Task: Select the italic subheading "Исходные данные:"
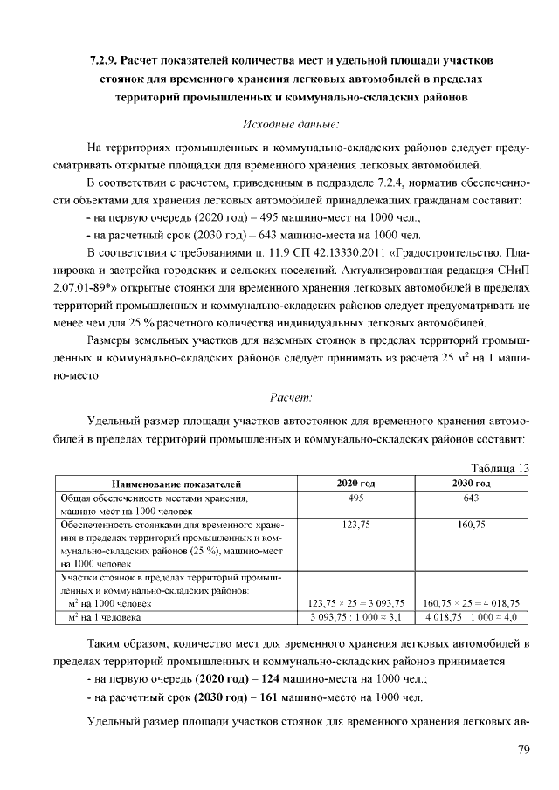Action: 290,125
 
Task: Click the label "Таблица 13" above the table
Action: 500,468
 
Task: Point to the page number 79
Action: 523,749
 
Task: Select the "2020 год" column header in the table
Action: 355,483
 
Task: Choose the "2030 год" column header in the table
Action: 471,483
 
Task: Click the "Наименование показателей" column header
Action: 176,483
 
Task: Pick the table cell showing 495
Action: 355,498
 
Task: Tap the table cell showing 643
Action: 471,498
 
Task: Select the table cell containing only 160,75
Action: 471,526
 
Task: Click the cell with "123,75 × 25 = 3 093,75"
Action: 355,603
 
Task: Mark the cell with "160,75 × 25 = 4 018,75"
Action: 471,603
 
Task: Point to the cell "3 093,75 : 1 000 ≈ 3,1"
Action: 355,617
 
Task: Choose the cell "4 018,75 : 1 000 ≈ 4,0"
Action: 471,617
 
